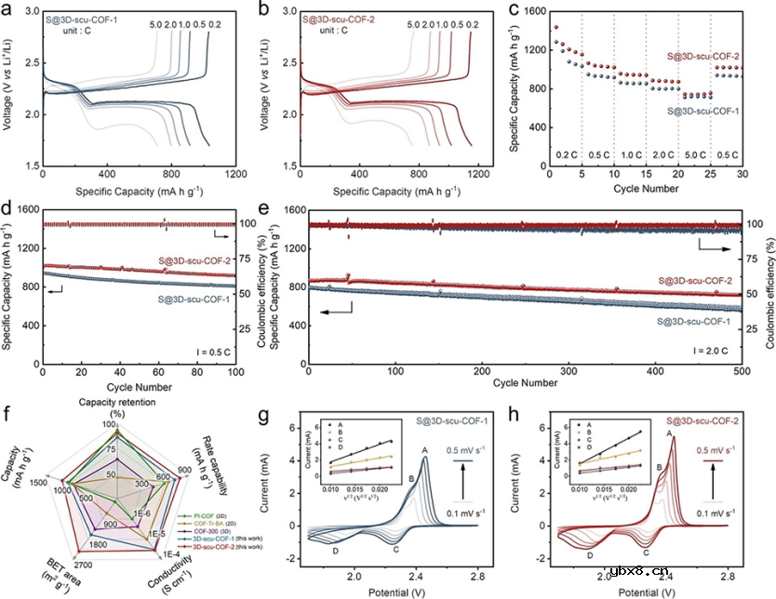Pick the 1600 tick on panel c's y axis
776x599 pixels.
pyautogui.click(x=533, y=10)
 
